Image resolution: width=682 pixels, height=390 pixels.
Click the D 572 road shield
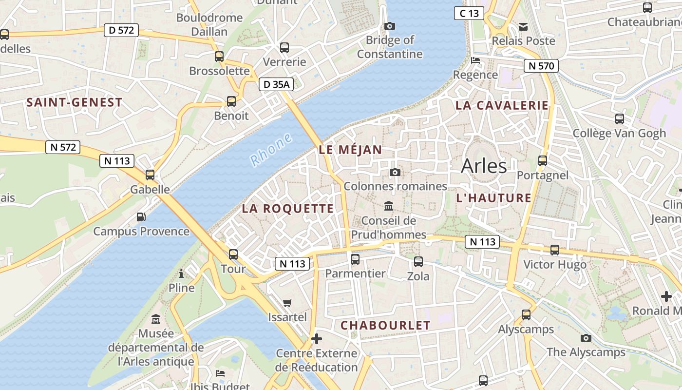click(121, 30)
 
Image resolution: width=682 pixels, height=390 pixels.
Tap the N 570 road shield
click(541, 66)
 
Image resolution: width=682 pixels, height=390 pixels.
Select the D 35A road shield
click(276, 84)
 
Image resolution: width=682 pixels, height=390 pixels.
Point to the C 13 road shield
click(469, 13)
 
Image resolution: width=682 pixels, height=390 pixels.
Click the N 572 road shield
click(63, 147)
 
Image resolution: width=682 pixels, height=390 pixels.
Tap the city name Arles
click(484, 166)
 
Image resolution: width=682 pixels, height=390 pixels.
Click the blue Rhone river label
click(271, 150)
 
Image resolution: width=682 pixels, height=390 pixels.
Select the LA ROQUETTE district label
click(288, 209)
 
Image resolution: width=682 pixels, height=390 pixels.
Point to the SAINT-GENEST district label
click(74, 102)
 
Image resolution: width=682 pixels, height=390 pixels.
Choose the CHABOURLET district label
click(385, 325)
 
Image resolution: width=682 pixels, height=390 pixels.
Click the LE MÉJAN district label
click(350, 150)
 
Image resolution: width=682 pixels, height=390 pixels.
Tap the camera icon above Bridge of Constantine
click(390, 26)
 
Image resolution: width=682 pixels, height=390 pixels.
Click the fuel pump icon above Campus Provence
click(141, 217)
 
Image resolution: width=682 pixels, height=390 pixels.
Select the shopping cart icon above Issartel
click(287, 303)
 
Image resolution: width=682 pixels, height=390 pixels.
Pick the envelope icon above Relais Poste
click(523, 26)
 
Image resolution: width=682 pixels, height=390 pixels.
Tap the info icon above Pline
click(181, 273)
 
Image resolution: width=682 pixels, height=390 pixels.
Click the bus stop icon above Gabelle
click(150, 175)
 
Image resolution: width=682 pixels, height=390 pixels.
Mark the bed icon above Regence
click(475, 60)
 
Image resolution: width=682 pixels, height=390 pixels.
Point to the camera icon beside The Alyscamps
click(586, 338)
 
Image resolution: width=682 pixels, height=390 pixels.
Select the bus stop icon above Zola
click(418, 262)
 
